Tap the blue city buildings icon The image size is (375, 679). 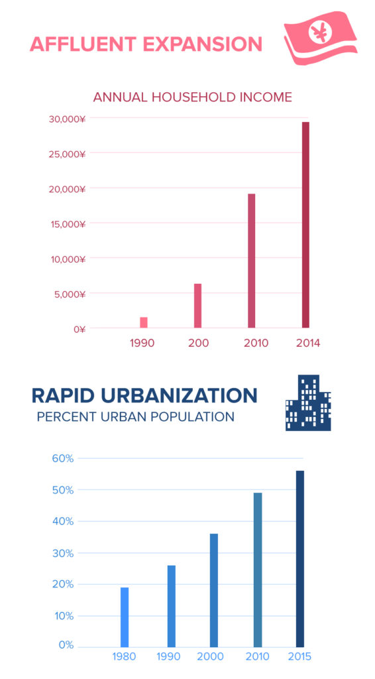pyautogui.click(x=308, y=403)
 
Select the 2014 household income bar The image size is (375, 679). pyautogui.click(x=305, y=225)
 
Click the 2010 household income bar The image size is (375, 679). pyautogui.click(x=252, y=261)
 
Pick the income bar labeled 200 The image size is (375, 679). pyautogui.click(x=197, y=306)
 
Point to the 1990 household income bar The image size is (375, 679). pyautogui.click(x=144, y=322)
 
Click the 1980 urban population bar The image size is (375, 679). pyautogui.click(x=125, y=617)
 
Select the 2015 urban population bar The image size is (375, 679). pyautogui.click(x=299, y=558)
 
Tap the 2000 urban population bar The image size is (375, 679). pyautogui.click(x=213, y=589)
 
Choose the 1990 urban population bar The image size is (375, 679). pyautogui.click(x=172, y=605)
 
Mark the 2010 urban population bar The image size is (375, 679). pyautogui.click(x=258, y=569)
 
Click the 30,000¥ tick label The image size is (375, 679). pyautogui.click(x=67, y=119)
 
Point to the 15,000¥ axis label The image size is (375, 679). pyautogui.click(x=68, y=223)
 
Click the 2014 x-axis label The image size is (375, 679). pyautogui.click(x=308, y=343)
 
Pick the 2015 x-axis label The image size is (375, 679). pyautogui.click(x=299, y=656)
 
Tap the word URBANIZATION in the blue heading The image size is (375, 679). pyautogui.click(x=180, y=395)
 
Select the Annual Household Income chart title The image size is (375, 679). pyautogui.click(x=192, y=97)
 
